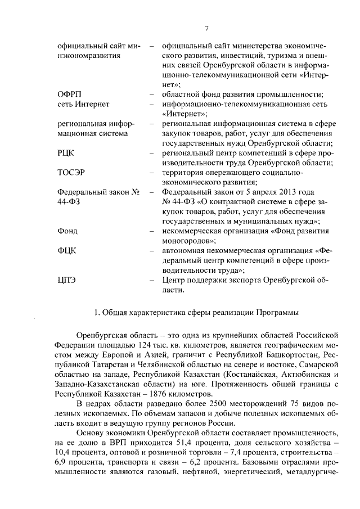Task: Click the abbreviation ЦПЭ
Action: (67, 280)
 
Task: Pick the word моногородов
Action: (188, 241)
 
